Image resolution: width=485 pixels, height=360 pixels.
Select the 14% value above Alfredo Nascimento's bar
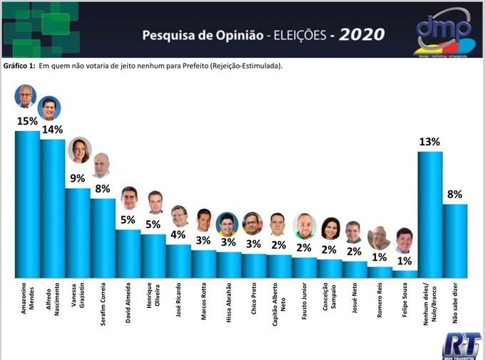(52, 130)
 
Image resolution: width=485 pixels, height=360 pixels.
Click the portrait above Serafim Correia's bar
(101, 165)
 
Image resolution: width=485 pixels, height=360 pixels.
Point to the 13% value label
(429, 141)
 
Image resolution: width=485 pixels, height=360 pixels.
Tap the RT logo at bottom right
(461, 345)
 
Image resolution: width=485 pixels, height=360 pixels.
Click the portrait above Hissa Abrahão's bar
(228, 224)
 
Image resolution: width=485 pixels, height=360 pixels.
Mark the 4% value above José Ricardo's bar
(178, 235)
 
